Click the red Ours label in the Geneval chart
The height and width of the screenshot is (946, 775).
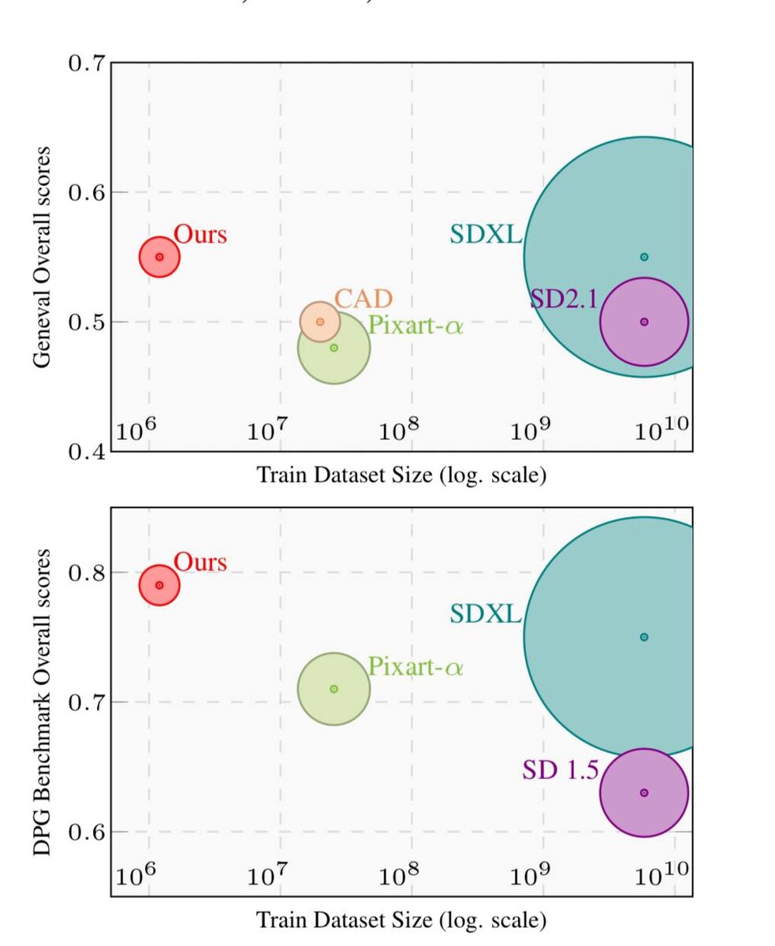200,234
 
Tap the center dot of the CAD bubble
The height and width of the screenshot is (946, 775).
319,322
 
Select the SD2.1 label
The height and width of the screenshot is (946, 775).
564,299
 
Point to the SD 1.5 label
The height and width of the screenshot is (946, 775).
560,769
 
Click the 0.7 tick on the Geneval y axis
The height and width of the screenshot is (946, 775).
87,63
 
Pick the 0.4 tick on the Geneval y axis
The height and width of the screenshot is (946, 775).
87,452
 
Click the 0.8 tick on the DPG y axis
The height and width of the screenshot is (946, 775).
87,572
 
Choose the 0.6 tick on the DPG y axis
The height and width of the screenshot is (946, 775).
87,832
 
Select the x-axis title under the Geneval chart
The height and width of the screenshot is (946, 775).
401,475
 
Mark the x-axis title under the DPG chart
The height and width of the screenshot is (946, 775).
401,919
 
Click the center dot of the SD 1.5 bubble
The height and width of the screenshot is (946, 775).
644,792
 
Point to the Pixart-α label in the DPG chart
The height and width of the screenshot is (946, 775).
415,668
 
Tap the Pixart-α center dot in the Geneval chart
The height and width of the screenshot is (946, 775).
333,348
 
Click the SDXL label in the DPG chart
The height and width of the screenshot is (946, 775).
486,613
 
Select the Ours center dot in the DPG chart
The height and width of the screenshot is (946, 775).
159,585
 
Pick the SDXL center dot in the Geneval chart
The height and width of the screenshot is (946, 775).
644,257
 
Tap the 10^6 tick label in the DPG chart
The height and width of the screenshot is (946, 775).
136,875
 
